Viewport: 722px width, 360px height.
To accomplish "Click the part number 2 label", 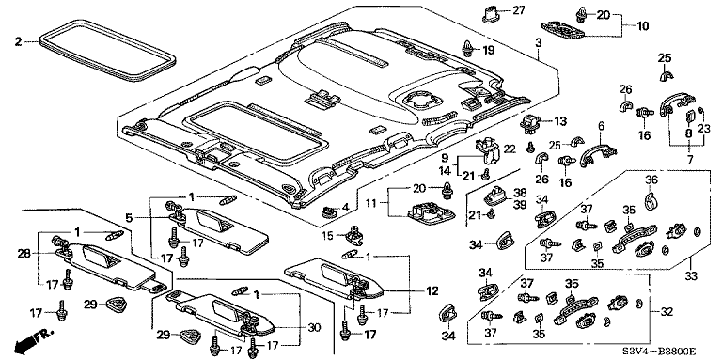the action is click(x=18, y=42).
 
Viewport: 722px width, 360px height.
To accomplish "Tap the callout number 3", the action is click(x=539, y=42).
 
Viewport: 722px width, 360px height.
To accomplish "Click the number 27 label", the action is click(x=518, y=10).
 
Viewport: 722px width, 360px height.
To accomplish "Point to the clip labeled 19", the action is click(x=468, y=48).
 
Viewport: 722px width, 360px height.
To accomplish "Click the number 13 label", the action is click(x=560, y=121).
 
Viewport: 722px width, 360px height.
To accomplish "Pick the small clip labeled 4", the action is click(x=327, y=212).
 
